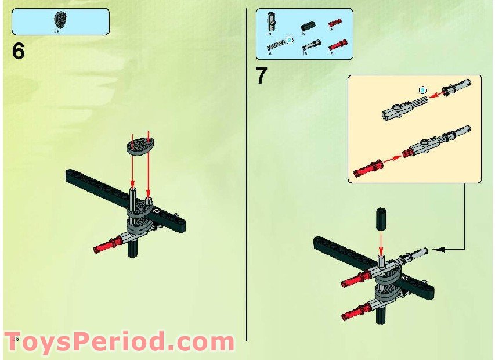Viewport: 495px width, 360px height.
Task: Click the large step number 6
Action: [19, 51]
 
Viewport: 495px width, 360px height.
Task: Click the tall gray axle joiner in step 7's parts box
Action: [270, 21]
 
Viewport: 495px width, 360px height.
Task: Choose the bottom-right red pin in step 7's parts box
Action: [337, 44]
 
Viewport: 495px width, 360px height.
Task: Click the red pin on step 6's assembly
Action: [107, 244]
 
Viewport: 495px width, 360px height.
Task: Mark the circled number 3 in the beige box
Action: [423, 90]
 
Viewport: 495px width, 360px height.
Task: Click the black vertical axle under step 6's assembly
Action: [133, 250]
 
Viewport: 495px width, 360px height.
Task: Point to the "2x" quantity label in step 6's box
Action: [57, 28]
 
